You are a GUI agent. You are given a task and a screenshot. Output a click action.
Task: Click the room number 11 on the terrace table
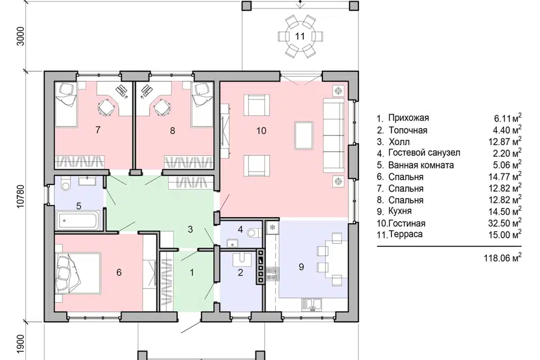(x=300, y=36)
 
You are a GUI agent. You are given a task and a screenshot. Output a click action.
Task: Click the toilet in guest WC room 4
(x=254, y=232)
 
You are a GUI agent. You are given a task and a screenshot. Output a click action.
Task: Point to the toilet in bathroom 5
(x=66, y=183)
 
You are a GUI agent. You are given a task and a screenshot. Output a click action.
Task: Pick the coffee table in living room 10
(x=304, y=135)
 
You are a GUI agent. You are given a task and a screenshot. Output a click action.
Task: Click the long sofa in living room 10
(x=334, y=134)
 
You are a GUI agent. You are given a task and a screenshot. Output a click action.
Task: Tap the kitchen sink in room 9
(x=312, y=304)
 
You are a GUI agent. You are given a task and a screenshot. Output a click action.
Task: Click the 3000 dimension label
(x=21, y=36)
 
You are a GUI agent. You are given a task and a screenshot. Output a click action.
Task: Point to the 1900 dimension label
(x=21, y=343)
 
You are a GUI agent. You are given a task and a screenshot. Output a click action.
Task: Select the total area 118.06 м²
(x=502, y=257)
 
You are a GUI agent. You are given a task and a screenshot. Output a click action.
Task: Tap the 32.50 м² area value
(x=505, y=223)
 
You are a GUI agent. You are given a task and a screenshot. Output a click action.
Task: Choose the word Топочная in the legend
(x=408, y=130)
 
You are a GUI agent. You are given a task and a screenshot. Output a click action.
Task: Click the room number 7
(x=98, y=130)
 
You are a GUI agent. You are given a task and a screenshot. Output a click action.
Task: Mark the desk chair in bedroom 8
(x=161, y=107)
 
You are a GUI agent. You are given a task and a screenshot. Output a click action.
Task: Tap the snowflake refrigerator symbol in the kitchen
(x=272, y=227)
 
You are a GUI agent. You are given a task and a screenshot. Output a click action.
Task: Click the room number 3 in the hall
(x=190, y=229)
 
